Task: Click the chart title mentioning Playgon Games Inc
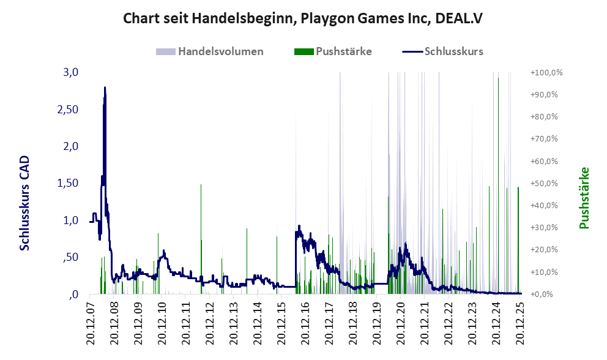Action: (303, 18)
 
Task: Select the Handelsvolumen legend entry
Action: (220, 51)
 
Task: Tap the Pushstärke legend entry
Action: (344, 51)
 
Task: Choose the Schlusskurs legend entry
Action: (453, 51)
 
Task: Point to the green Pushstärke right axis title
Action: (584, 198)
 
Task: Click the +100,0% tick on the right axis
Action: (546, 73)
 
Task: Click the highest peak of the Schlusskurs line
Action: (105, 88)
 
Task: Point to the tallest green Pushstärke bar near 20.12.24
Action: (499, 78)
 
